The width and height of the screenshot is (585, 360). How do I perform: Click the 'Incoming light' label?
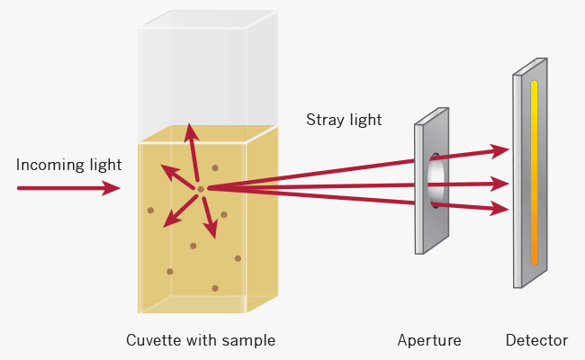pos(68,166)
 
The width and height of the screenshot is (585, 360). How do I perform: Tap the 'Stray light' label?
pos(344,120)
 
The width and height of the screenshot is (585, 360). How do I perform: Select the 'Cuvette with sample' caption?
pos(201,340)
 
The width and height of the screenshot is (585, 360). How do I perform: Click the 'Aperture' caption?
pos(429,340)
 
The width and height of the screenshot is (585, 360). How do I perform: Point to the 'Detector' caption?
pos(536,340)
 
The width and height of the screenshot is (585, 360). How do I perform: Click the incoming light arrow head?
pos(112,188)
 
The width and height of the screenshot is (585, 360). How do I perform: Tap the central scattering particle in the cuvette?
pos(201,188)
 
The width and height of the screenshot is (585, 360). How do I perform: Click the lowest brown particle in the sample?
pos(214,288)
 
